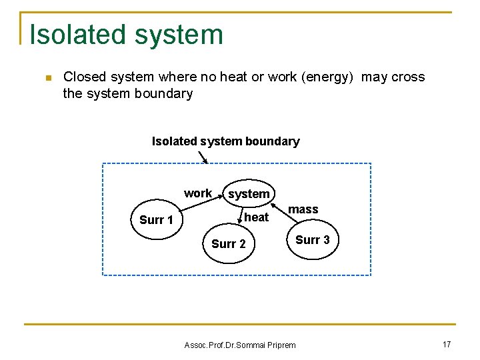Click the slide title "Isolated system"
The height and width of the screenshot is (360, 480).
[126, 35]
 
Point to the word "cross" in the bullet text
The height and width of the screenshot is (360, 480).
[408, 77]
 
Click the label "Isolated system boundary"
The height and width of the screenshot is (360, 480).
[225, 141]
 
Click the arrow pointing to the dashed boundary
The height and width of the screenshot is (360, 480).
[203, 157]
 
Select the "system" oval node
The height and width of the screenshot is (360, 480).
[249, 194]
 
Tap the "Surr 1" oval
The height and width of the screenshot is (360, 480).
[156, 220]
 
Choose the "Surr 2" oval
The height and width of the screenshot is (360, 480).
[228, 244]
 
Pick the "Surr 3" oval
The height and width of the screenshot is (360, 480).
[312, 240]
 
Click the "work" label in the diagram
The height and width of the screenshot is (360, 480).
[197, 193]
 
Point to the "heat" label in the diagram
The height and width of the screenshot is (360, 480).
[256, 217]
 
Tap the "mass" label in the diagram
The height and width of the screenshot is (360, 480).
[303, 209]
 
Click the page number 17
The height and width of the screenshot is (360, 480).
[447, 345]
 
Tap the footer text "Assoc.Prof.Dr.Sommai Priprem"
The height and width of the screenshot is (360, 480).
[239, 345]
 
